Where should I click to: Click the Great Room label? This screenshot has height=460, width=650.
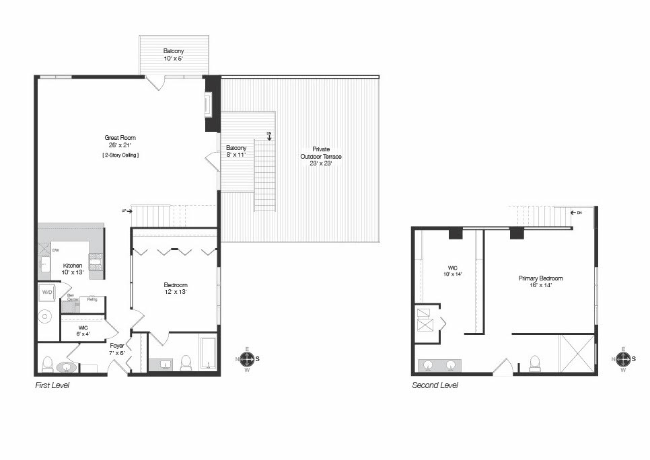(119, 141)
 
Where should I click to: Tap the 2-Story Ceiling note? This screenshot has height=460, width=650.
(120, 155)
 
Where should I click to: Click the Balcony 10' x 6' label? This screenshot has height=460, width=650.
(173, 54)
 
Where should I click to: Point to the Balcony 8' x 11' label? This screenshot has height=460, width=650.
(236, 151)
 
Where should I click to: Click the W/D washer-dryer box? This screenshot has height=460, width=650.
(48, 293)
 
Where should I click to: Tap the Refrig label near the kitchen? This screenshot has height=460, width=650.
(92, 299)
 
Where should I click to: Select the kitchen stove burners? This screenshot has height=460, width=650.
(96, 262)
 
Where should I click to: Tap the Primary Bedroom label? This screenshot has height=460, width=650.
(540, 281)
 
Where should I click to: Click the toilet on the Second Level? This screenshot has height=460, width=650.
(536, 363)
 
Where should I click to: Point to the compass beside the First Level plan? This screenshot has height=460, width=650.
(247, 359)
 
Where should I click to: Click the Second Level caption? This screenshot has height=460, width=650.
(435, 385)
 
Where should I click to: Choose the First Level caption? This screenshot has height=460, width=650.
(52, 385)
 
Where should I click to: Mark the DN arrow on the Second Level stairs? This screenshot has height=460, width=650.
(576, 213)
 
